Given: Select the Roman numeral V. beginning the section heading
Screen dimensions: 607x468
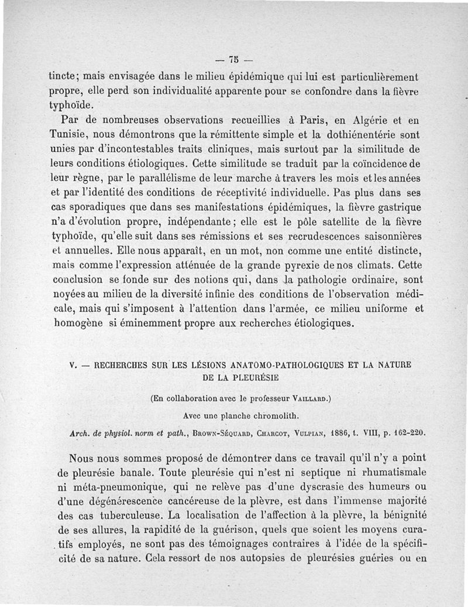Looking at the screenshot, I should (x=73, y=364).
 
